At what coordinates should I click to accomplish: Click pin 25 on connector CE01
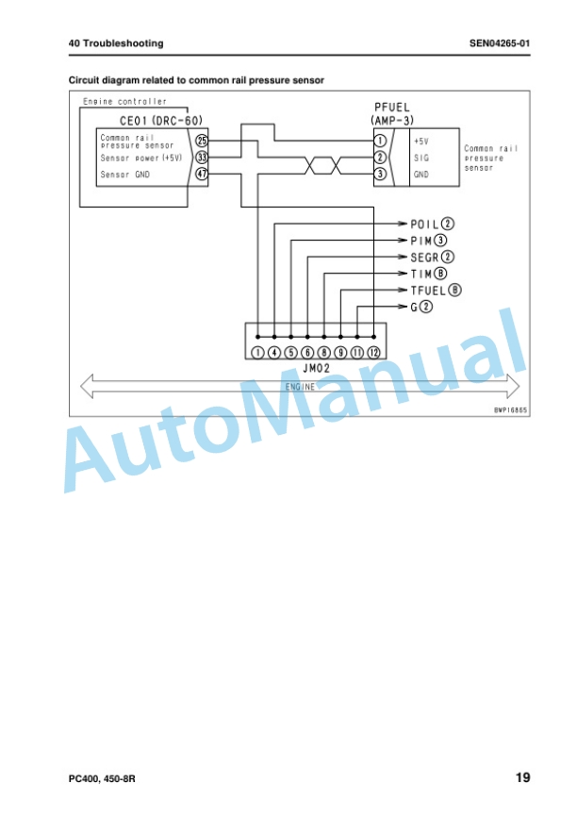click(201, 141)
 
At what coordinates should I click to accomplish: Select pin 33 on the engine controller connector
click(201, 157)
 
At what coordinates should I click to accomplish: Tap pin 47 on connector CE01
click(201, 174)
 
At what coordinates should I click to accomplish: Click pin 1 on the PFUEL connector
click(380, 141)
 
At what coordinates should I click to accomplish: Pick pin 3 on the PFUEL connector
click(380, 174)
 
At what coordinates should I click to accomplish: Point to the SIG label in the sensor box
click(421, 158)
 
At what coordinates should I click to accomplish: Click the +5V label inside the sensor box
click(420, 142)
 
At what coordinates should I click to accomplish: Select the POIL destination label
click(424, 224)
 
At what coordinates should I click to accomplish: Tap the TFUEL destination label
click(428, 291)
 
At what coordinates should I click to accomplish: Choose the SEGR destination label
click(424, 258)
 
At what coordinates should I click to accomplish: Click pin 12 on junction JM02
click(374, 353)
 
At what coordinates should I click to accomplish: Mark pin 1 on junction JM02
click(257, 353)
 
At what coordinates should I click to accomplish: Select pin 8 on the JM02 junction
click(324, 353)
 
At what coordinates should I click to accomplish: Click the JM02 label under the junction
click(316, 368)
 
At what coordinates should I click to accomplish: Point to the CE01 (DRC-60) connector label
click(161, 121)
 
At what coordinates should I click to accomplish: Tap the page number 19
click(523, 777)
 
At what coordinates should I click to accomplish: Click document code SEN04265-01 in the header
click(500, 43)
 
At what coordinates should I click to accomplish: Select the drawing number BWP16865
click(510, 410)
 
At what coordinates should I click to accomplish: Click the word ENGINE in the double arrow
click(300, 387)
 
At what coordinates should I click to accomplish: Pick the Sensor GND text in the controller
click(125, 175)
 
